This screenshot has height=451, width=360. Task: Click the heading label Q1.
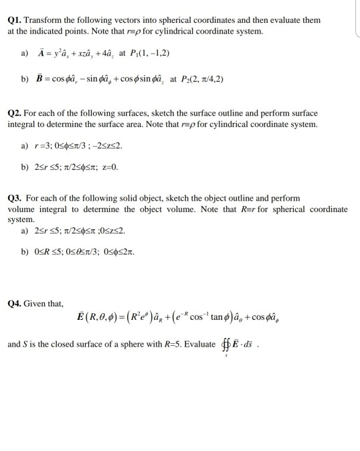coord(15,20)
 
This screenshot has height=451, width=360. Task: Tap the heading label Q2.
coord(15,114)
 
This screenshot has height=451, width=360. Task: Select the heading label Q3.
coord(15,199)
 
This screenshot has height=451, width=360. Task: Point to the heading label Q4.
coord(15,303)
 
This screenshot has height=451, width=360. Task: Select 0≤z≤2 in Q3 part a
coord(110,232)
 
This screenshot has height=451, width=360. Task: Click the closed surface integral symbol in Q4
coord(224,347)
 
